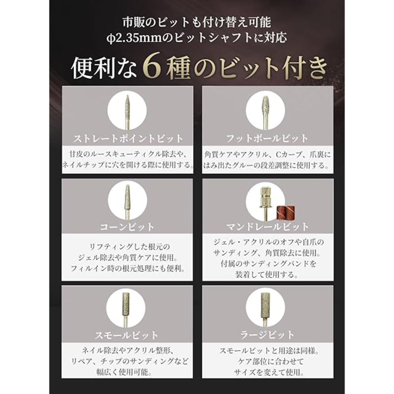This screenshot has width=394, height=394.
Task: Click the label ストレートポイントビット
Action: coord(128,139)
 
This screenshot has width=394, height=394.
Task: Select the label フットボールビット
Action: coord(267,139)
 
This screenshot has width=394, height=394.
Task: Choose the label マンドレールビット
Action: coord(267,227)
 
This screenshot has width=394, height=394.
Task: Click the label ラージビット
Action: coord(267,335)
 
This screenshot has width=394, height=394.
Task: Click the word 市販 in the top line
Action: coord(132,23)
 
